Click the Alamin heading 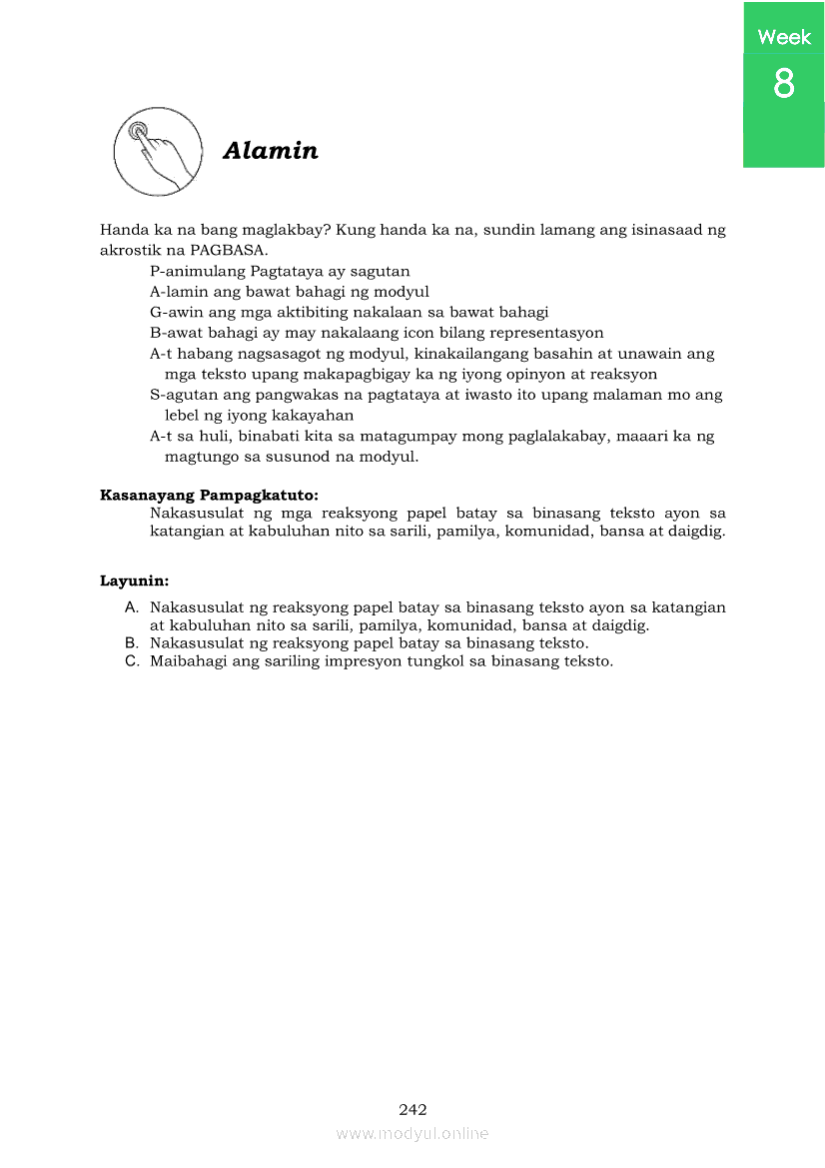[271, 151]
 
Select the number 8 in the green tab [784, 84]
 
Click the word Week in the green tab [784, 37]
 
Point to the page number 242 [412, 1109]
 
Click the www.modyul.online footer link [412, 1134]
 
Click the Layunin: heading [134, 580]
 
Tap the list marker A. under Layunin [131, 607]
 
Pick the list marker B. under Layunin [131, 643]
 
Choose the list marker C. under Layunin [131, 661]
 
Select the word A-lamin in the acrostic [177, 292]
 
